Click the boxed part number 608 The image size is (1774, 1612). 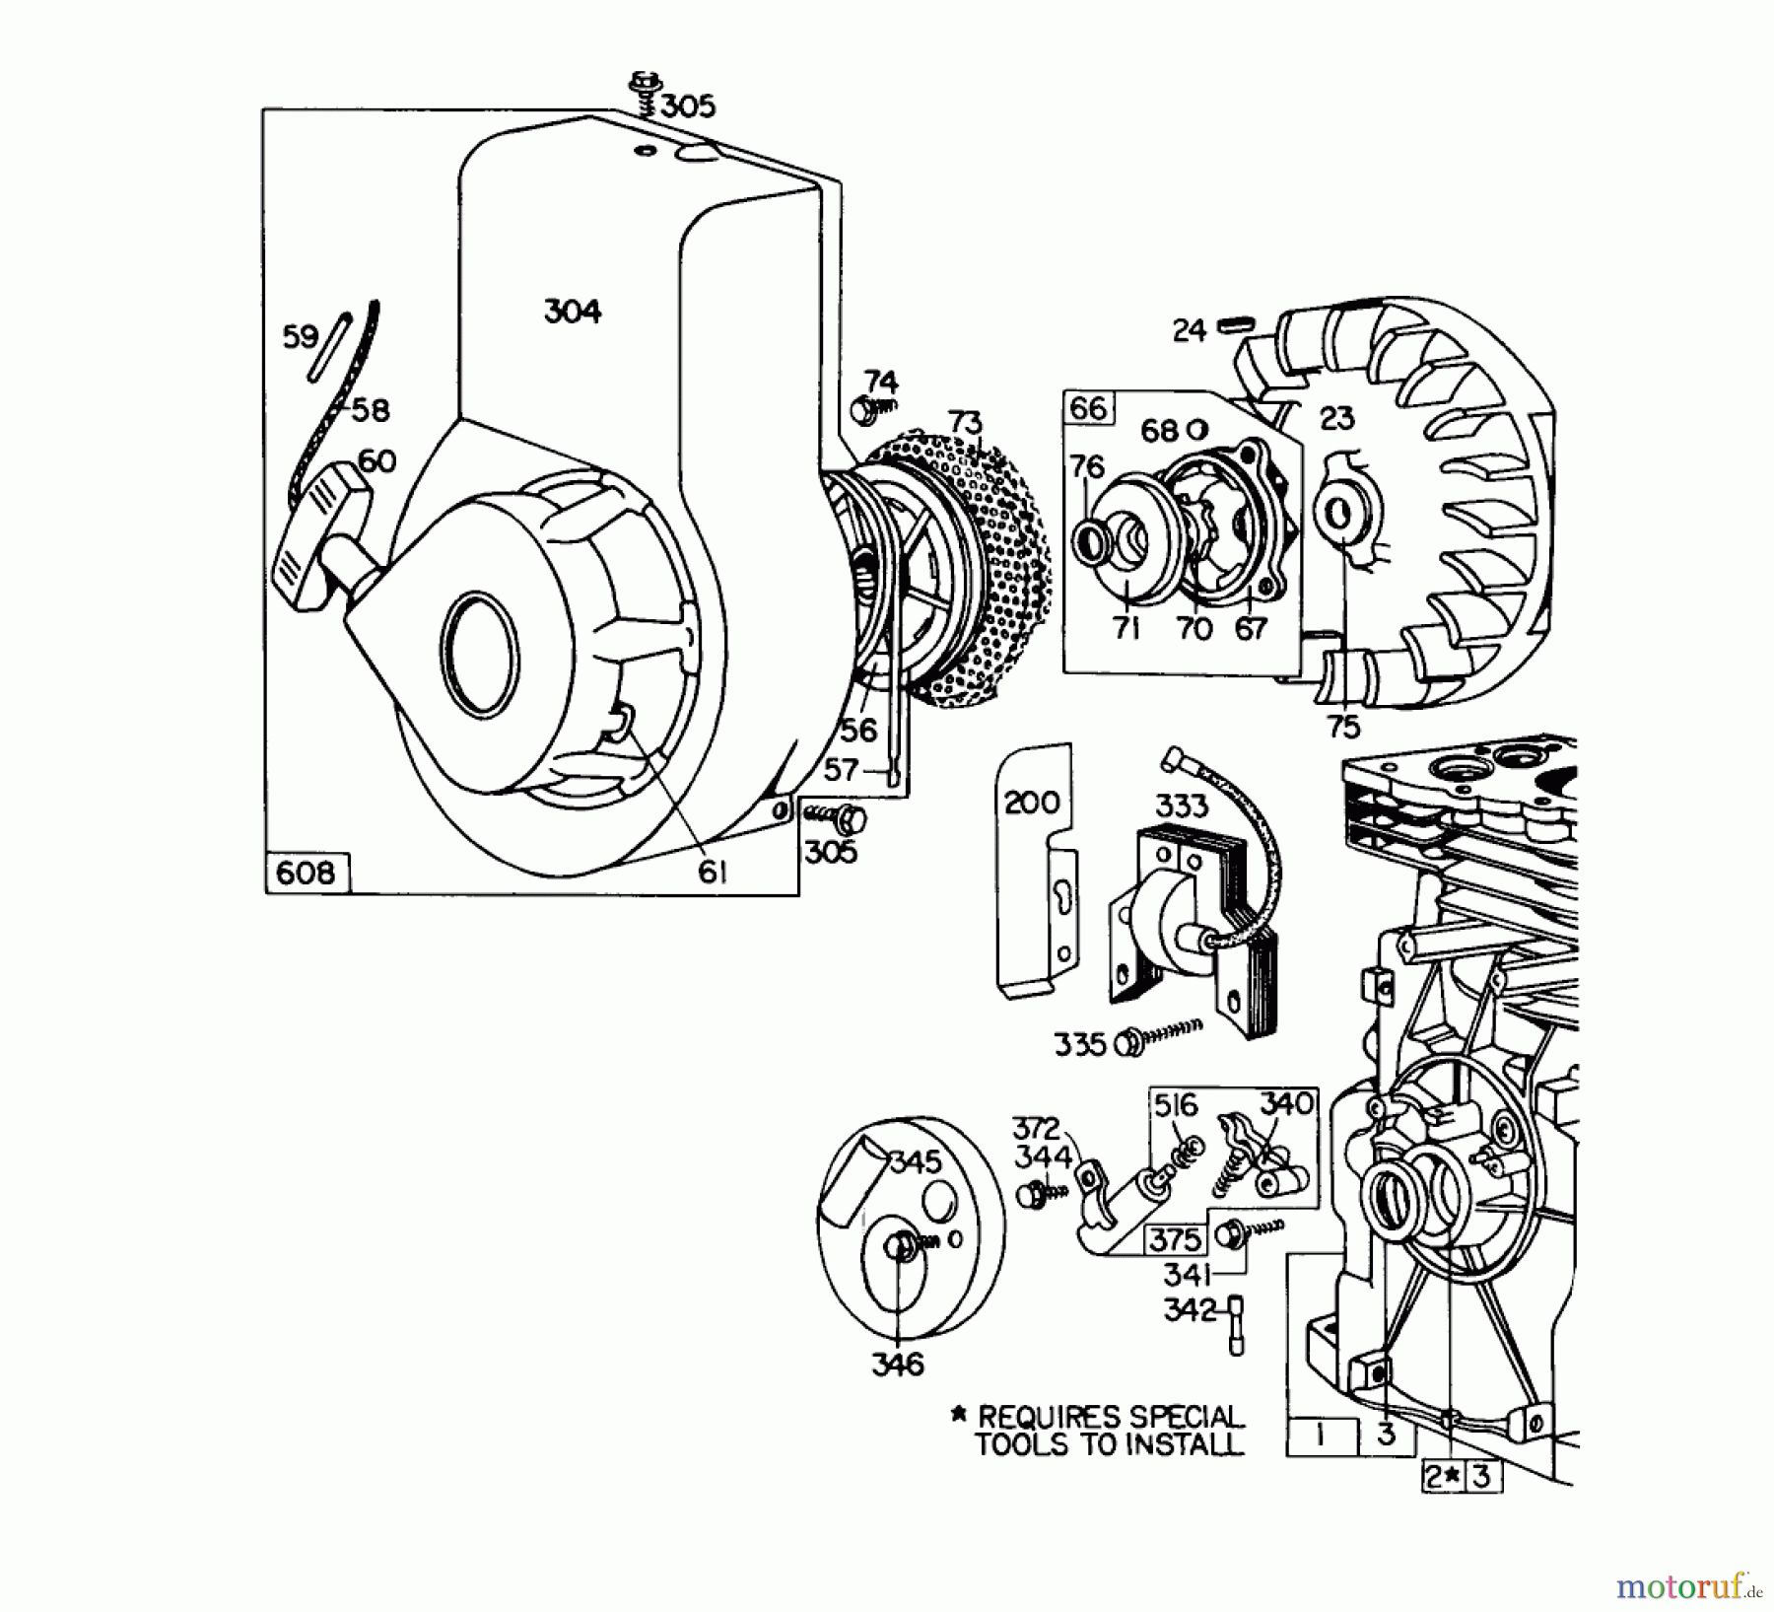pyautogui.click(x=307, y=873)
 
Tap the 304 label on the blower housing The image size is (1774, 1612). pyautogui.click(x=573, y=312)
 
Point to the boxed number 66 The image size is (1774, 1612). pyautogui.click(x=1089, y=407)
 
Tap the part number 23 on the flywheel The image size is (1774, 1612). pyautogui.click(x=1336, y=419)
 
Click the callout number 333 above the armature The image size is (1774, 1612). pyautogui.click(x=1181, y=806)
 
